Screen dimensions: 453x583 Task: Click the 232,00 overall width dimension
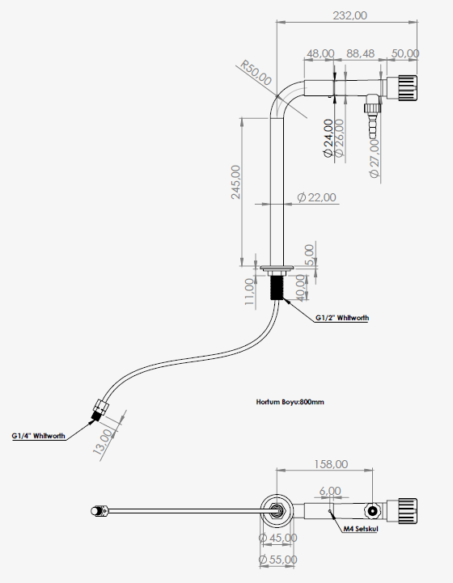click(x=349, y=15)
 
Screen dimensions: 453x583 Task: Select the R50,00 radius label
click(x=256, y=73)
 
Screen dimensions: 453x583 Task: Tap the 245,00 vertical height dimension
click(x=236, y=182)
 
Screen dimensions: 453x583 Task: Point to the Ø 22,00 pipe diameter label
click(x=317, y=197)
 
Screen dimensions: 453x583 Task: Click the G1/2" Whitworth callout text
click(x=342, y=318)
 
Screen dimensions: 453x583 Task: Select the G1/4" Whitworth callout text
click(x=38, y=436)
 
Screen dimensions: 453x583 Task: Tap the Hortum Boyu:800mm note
click(x=290, y=402)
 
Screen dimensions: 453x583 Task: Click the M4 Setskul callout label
click(x=361, y=529)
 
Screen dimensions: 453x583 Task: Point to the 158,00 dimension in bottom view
click(x=331, y=464)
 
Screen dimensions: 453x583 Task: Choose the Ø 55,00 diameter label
click(x=277, y=560)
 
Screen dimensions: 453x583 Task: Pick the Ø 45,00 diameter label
click(x=277, y=538)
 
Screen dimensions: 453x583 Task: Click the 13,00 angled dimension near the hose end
click(x=103, y=442)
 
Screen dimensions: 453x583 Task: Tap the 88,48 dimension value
click(x=361, y=53)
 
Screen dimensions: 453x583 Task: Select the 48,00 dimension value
click(x=320, y=53)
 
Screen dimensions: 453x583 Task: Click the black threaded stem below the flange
click(x=277, y=287)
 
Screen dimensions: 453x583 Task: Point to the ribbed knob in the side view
click(x=407, y=88)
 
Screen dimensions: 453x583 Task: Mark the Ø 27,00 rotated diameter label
click(x=375, y=158)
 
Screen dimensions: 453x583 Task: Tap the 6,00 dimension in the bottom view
click(x=330, y=491)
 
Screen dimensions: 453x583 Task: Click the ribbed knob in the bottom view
click(x=407, y=511)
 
